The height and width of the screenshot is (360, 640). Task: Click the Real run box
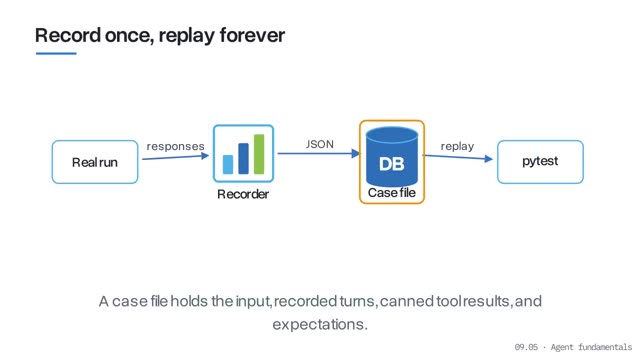(95, 162)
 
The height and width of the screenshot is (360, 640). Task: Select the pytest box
(540, 162)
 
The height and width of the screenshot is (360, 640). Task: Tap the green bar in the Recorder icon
(259, 154)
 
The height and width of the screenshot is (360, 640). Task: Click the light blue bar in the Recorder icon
(228, 164)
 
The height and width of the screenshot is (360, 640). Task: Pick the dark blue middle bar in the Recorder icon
(243, 159)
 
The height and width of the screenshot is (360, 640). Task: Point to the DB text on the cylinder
(391, 164)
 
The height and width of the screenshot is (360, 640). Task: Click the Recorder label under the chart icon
(243, 194)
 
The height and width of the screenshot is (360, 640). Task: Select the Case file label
(392, 193)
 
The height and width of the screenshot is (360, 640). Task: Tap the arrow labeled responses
(176, 157)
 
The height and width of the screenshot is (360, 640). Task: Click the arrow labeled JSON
(319, 153)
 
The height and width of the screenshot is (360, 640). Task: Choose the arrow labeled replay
(458, 157)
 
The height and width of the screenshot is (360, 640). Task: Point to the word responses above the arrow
(176, 146)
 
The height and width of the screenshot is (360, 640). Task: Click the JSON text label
(320, 144)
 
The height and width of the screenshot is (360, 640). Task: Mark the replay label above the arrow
(458, 146)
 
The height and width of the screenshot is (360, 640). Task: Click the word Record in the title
(68, 35)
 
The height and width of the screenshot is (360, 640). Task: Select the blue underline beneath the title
(56, 53)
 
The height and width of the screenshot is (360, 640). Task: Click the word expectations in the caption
(320, 324)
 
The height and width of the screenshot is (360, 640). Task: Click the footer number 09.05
(526, 347)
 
